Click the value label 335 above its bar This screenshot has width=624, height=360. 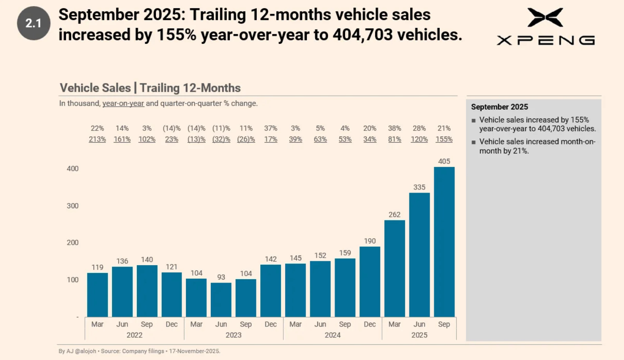click(419, 187)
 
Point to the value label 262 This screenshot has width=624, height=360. click(395, 215)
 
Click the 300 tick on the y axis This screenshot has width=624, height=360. click(73, 206)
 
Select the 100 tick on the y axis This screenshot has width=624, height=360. click(73, 280)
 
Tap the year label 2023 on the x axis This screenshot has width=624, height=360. click(233, 335)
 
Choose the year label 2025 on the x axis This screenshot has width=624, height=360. click(419, 335)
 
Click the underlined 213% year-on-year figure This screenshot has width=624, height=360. click(97, 140)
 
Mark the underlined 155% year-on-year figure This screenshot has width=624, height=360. click(444, 140)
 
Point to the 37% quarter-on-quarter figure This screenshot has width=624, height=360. click(271, 128)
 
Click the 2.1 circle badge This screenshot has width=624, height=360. click(33, 23)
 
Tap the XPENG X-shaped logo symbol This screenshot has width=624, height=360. click(545, 17)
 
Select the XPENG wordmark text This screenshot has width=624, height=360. click(545, 40)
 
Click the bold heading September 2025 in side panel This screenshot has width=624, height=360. click(499, 107)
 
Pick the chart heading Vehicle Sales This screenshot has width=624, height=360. click(95, 88)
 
